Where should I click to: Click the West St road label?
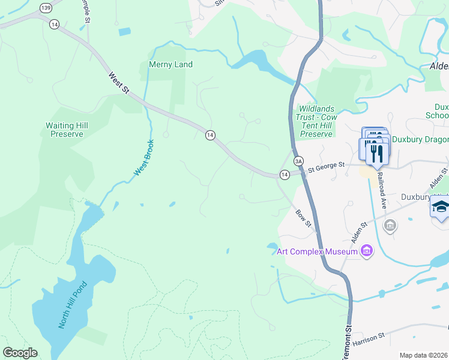point(119,83)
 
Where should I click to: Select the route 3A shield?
point(298,161)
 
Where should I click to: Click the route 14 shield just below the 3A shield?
point(284,175)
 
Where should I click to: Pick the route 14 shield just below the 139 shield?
point(55,24)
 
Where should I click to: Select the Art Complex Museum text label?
point(316,251)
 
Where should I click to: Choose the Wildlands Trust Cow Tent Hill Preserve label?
point(316,121)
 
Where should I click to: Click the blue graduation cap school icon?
point(440,207)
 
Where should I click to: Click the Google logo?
point(20,353)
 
